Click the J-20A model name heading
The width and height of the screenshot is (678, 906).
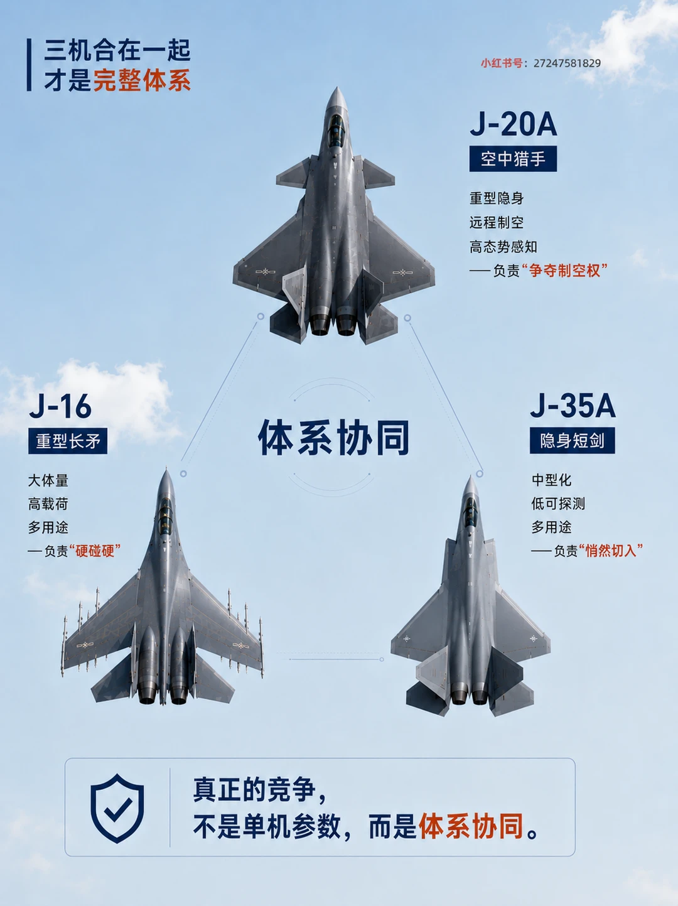[x=513, y=124]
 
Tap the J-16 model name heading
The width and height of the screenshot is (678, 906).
[x=60, y=407]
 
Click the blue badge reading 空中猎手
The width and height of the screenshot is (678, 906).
[x=513, y=158]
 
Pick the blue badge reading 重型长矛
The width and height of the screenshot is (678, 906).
[x=68, y=441]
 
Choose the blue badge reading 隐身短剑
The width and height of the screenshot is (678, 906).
[x=573, y=440]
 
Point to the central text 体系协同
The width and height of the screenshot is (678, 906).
[x=333, y=438]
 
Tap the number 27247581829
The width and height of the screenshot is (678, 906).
[x=567, y=63]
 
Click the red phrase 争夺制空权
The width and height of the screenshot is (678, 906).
[x=564, y=271]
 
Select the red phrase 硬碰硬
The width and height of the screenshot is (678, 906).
[x=95, y=551]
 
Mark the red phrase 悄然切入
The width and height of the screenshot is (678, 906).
[x=611, y=550]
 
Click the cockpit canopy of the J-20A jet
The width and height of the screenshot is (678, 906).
[x=336, y=129]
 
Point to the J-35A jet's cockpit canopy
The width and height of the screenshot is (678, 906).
[x=470, y=512]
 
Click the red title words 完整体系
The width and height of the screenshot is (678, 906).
[x=142, y=80]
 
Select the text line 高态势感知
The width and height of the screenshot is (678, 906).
[x=503, y=247]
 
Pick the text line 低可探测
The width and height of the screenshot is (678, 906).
[x=558, y=504]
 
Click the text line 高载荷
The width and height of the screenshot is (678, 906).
[x=48, y=504]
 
